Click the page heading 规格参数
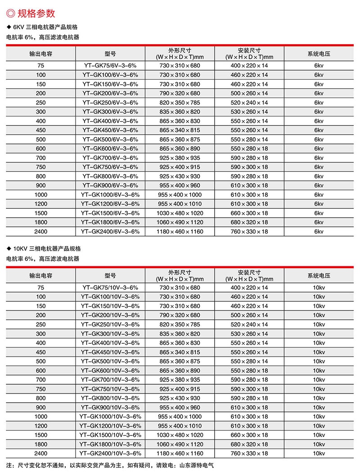coord(39,13)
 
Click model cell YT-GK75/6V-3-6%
coord(110,66)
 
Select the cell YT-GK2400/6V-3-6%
coord(110,232)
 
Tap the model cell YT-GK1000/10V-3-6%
coord(110,417)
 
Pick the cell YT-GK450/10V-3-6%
coord(110,352)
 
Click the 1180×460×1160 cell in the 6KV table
coord(180,232)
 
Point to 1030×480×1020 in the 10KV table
coord(180,435)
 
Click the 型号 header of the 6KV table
coord(110,54)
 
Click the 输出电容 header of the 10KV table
coord(41,275)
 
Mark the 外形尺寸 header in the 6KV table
coord(180,50)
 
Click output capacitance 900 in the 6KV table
coord(41,185)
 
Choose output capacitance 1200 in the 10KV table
coord(41,426)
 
